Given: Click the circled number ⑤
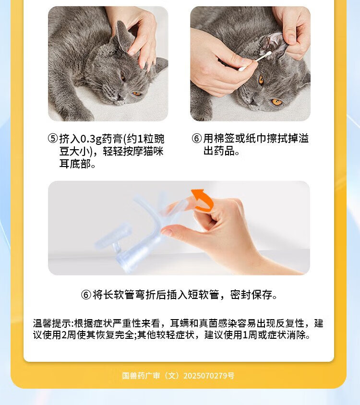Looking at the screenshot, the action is (x=53, y=139).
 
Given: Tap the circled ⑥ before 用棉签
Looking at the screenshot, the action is (x=197, y=139).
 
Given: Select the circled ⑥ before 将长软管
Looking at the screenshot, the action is (x=86, y=295).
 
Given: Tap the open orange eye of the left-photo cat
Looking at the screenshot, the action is (x=136, y=94).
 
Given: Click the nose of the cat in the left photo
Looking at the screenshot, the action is (x=120, y=97).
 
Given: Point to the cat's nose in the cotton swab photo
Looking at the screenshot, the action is (x=253, y=102).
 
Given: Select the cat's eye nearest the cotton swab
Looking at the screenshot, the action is (x=261, y=80).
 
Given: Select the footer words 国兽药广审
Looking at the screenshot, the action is (x=141, y=376).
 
